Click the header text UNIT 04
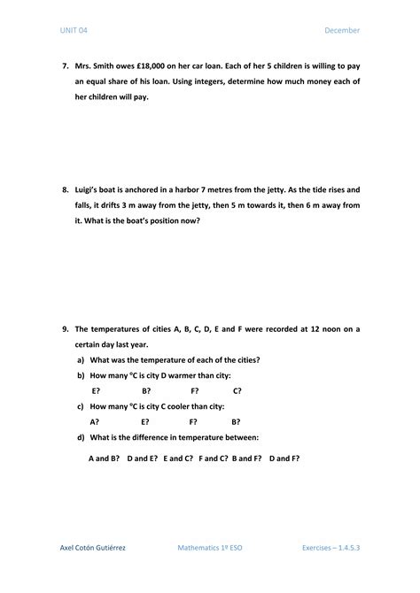click(x=74, y=31)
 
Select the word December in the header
click(x=342, y=31)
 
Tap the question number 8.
click(x=65, y=190)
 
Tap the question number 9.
click(x=65, y=328)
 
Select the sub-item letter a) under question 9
click(x=81, y=359)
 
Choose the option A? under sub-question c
click(x=95, y=421)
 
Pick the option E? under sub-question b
click(x=96, y=390)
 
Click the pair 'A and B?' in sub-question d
click(x=105, y=458)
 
